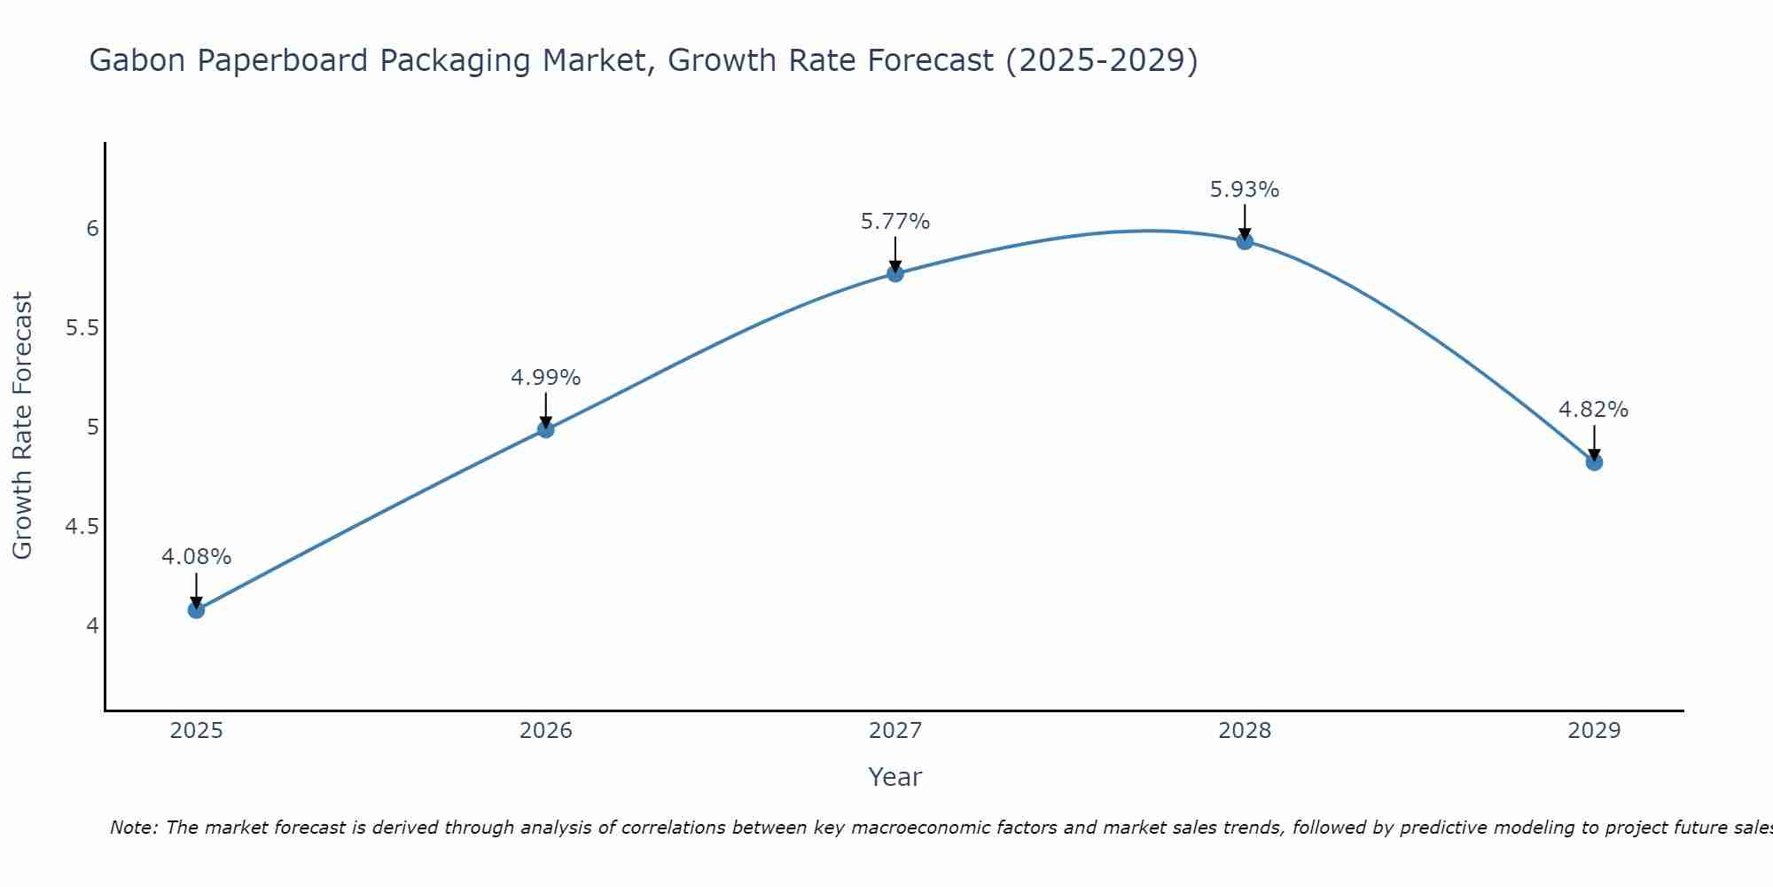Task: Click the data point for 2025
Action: (196, 610)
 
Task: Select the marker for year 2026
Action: (546, 429)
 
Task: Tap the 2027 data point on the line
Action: (895, 273)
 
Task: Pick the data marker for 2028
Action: (1245, 241)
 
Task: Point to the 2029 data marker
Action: (1594, 462)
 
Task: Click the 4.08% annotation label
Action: (196, 557)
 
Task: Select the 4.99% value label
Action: (546, 378)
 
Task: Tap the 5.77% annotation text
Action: (895, 222)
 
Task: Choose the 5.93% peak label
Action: (1245, 190)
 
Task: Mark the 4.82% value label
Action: (1594, 410)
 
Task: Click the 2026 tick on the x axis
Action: (546, 731)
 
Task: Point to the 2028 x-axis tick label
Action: (1245, 731)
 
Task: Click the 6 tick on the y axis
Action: (92, 229)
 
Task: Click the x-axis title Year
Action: (895, 777)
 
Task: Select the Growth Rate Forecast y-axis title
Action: (22, 426)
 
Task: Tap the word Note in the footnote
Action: (133, 828)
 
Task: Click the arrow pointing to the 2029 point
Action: (1594, 442)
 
